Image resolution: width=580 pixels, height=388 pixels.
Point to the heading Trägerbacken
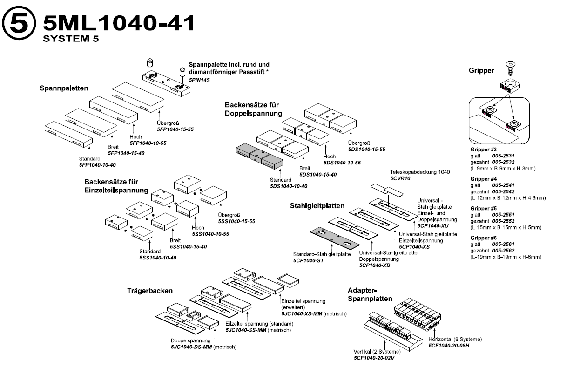[x=150, y=290]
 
